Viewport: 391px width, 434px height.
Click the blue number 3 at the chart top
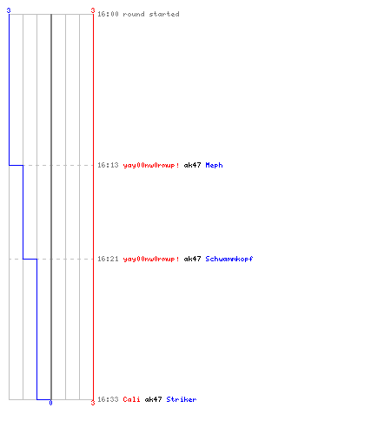click(9, 10)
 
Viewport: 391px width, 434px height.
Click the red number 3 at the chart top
click(93, 10)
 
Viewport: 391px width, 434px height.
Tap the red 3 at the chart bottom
click(93, 403)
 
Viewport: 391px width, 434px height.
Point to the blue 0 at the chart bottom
click(50, 403)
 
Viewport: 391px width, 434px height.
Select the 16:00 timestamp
click(108, 14)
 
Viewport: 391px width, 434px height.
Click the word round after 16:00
click(134, 14)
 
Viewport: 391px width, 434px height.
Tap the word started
click(164, 14)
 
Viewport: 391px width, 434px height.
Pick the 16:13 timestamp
click(108, 165)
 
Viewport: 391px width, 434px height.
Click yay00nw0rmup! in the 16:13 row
click(151, 165)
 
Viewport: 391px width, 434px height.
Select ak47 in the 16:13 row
click(192, 165)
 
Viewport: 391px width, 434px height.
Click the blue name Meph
click(214, 165)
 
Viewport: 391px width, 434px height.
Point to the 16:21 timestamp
click(108, 259)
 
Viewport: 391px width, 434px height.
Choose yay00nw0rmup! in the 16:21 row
click(151, 259)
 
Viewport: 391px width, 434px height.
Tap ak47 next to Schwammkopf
click(192, 259)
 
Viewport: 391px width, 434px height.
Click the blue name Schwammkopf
click(229, 259)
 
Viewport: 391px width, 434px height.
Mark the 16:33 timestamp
click(108, 399)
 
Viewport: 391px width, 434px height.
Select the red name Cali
click(131, 399)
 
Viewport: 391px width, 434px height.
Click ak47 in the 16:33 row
click(153, 399)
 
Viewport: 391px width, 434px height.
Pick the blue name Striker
click(182, 399)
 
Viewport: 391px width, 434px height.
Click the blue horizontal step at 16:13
click(16, 165)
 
